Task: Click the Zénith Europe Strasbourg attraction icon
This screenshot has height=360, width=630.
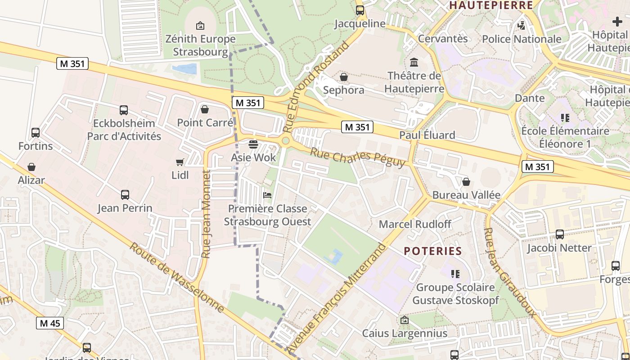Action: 200,26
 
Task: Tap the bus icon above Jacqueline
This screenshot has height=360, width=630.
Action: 360,10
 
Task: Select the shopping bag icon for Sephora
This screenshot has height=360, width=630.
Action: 344,77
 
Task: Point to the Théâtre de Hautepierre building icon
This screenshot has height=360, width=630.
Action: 414,62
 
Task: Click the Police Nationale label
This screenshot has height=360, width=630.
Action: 522,39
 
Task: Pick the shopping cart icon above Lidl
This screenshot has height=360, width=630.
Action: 180,162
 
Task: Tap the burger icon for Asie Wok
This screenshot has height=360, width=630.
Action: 253,144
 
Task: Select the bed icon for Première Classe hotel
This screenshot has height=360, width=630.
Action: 267,195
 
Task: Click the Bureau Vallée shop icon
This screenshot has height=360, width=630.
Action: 466,182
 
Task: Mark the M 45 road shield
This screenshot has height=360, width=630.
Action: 49,323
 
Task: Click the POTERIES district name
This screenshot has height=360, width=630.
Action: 433,251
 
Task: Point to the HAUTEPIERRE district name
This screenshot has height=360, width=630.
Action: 491,5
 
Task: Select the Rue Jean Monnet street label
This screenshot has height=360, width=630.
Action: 206,214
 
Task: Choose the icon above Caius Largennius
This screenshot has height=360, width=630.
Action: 405,320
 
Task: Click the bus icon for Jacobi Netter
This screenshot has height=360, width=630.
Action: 560,234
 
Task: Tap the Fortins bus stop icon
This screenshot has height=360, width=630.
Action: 36,133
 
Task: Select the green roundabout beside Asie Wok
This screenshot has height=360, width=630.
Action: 285,141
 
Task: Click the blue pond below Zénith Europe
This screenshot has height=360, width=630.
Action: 186,69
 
